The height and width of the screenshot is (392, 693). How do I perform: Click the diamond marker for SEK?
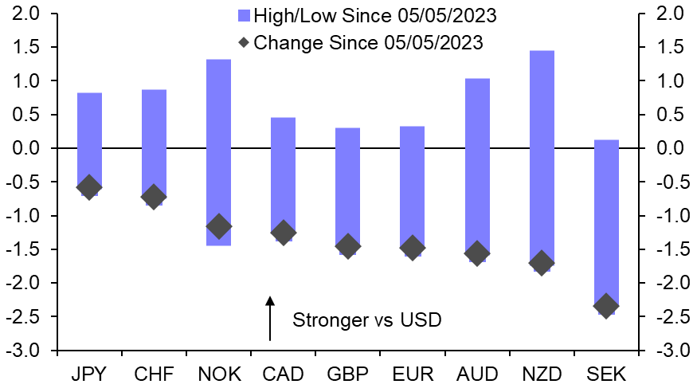[x=605, y=306]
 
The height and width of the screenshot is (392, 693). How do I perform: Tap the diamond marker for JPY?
[x=89, y=187]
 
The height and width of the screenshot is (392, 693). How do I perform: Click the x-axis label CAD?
[x=283, y=374]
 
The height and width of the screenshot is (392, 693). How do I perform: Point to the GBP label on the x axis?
[x=347, y=374]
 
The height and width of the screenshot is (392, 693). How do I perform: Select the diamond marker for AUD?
[x=477, y=253]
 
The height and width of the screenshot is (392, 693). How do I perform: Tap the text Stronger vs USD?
[x=366, y=320]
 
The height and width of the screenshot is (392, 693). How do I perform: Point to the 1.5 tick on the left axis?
[x=31, y=47]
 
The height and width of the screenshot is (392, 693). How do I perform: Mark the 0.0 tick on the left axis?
[x=31, y=148]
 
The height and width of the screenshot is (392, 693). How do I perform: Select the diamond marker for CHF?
[x=154, y=197]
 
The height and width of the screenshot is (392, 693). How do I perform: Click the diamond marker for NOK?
[x=218, y=226]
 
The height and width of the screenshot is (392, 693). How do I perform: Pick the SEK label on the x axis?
[x=605, y=374]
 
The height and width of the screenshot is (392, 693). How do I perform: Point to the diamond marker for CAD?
[x=283, y=233]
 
